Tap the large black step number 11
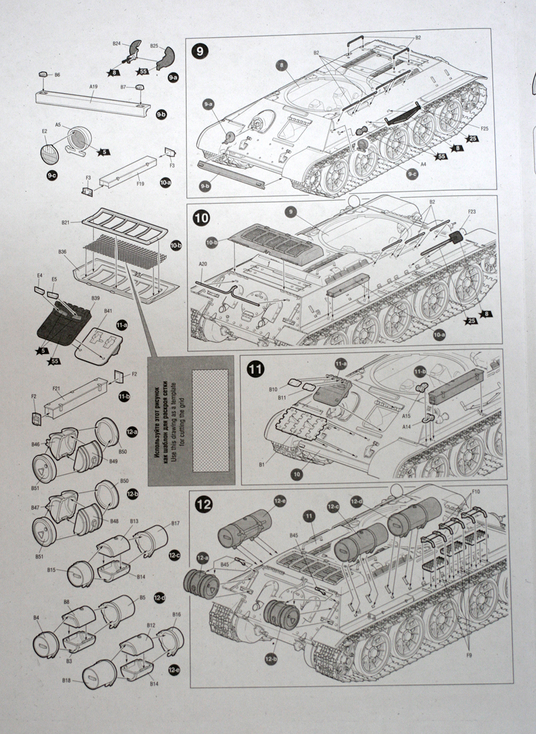tap(255, 369)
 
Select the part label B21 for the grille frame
tap(66, 222)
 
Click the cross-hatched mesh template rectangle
tap(210, 418)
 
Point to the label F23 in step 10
tap(471, 212)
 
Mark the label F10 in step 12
tap(476, 492)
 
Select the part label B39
tap(95, 298)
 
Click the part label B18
tap(66, 681)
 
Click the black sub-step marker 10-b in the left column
tap(176, 246)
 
